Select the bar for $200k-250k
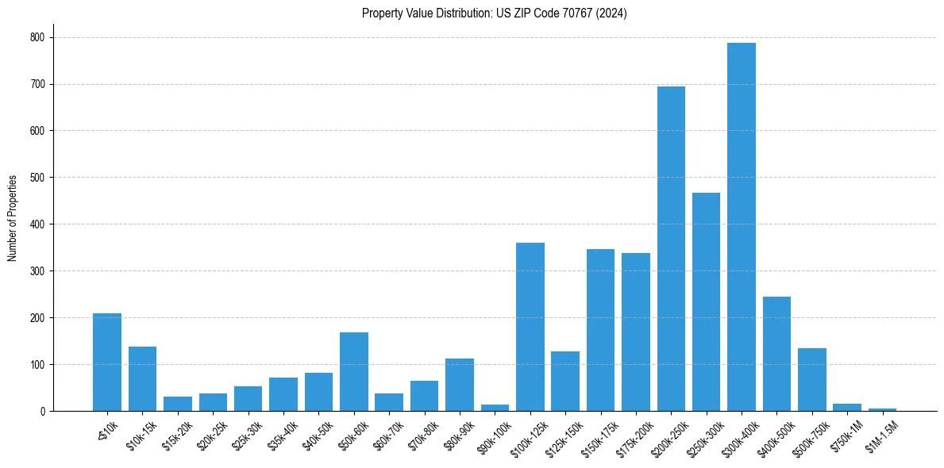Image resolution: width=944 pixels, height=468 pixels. coord(671,250)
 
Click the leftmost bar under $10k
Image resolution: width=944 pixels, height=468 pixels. coord(107,363)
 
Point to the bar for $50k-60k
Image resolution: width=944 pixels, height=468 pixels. coord(354,372)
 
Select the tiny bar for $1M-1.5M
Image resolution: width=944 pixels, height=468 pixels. coord(882,409)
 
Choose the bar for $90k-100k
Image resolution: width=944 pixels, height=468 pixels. coord(495,408)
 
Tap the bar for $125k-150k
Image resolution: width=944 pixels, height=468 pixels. coord(565,382)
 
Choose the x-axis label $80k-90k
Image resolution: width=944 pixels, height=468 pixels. coord(460,437)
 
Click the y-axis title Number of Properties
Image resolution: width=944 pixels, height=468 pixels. coord(13,218)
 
